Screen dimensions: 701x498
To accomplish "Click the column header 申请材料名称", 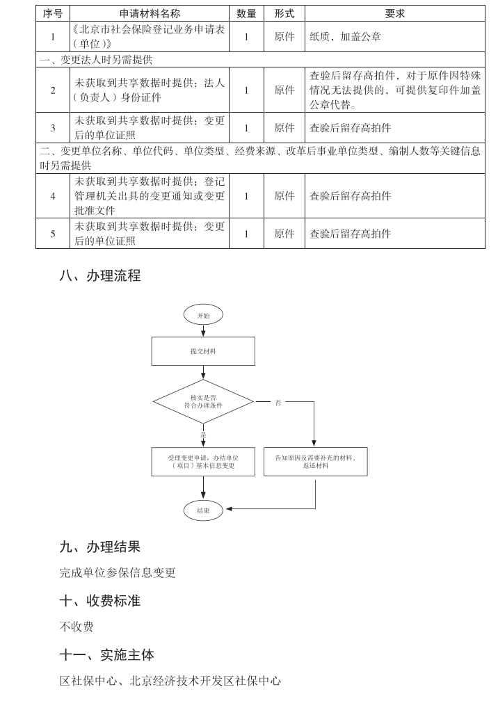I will pos(150,13).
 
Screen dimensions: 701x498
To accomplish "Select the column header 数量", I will pos(246,13).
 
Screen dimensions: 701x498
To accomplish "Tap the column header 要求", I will pos(395,13).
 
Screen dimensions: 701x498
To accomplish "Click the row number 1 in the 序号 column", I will pos(53,37).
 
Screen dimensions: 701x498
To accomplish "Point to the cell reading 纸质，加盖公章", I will pos(345,37).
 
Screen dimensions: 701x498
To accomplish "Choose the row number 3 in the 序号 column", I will pos(53,128).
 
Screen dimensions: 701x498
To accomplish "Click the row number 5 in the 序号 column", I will pos(53,234).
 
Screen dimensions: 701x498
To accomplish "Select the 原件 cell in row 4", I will pos(284,196).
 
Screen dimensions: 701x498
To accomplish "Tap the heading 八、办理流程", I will pos(100,276).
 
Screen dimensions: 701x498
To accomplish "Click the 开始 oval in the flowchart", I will pos(203,315).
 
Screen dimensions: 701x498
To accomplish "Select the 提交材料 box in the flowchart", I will pos(203,351).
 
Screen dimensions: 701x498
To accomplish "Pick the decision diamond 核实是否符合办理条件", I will pos(203,401).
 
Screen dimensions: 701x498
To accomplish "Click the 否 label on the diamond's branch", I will pos(278,403).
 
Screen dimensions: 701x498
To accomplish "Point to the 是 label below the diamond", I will pos(203,435).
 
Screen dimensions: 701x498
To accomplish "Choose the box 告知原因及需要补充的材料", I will pos(315,462).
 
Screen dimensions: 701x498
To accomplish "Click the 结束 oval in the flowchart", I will pos(203,510).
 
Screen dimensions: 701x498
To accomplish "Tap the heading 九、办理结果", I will pos(100,547).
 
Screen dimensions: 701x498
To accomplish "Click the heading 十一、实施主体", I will pos(107,654).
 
